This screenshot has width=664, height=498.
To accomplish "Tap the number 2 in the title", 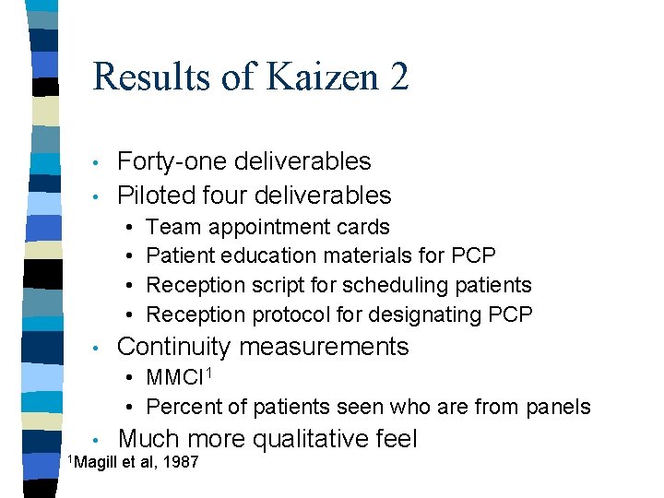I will (399, 77).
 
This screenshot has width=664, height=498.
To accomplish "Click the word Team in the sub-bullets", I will (171, 227).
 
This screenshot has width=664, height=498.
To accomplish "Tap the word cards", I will (363, 227).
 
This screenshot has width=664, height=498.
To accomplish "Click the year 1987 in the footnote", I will (181, 462).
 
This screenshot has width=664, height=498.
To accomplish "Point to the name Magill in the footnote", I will (95, 462).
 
